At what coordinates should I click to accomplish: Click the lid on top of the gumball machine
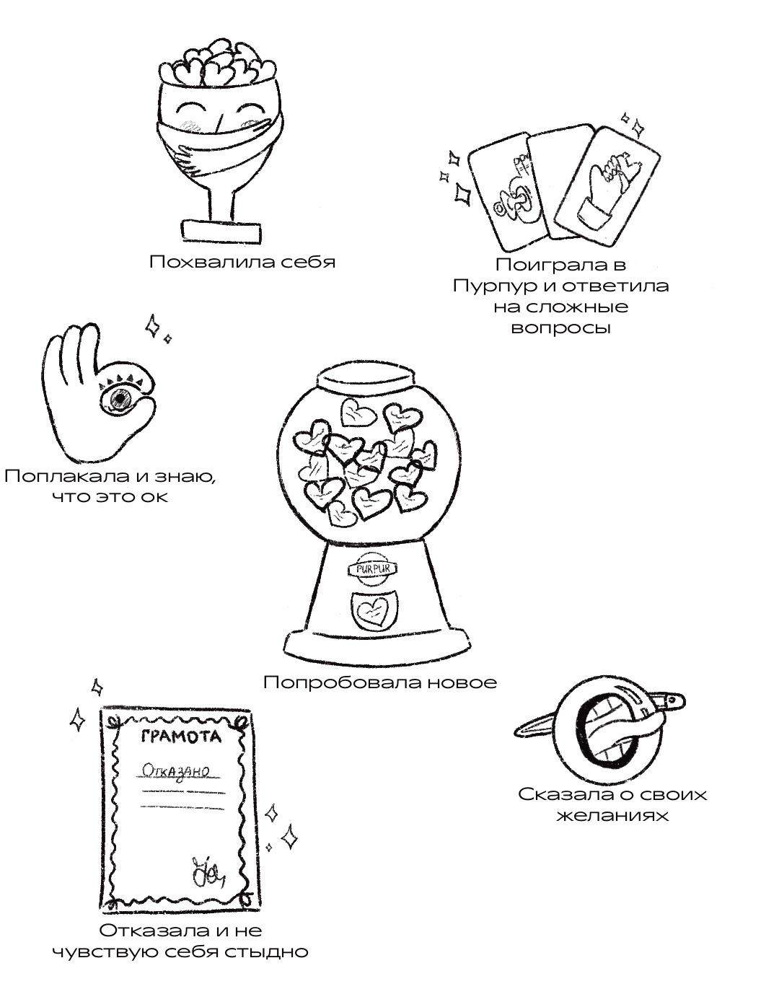tap(366, 377)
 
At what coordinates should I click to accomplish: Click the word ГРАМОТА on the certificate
tap(179, 737)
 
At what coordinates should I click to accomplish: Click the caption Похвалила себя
tap(242, 262)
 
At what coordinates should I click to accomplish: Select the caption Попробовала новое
tap(380, 682)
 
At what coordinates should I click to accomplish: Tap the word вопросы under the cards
tap(560, 328)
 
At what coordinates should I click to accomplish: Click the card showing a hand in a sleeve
tap(618, 184)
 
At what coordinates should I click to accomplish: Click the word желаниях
tap(612, 816)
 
